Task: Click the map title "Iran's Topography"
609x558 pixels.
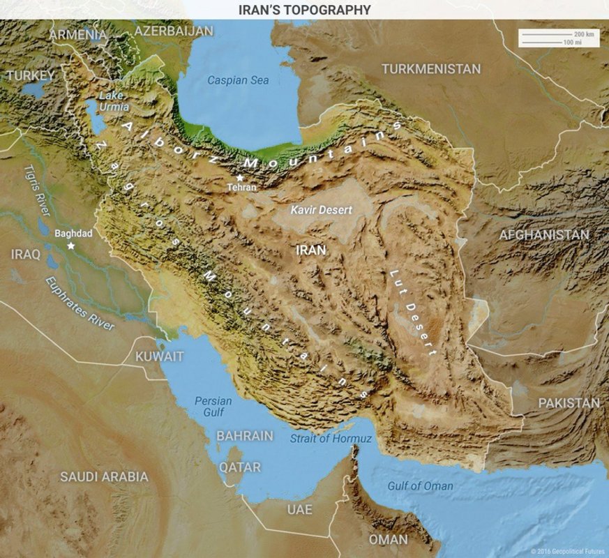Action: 304,10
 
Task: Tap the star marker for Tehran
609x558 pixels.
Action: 240,178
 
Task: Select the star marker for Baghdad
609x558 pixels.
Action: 70,246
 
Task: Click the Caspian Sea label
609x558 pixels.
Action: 238,80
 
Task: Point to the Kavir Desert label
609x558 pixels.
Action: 322,209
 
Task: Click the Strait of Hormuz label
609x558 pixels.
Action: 331,438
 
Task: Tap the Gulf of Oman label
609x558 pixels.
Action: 420,486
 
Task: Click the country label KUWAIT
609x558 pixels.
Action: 160,356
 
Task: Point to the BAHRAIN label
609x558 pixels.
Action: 244,435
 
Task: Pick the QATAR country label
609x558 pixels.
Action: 240,467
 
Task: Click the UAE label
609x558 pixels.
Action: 300,510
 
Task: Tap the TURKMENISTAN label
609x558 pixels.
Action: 430,69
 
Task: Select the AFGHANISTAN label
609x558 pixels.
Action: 543,235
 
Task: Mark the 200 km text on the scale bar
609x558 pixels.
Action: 583,34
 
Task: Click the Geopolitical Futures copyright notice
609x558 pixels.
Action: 567,551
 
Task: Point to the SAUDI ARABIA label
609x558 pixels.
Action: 104,477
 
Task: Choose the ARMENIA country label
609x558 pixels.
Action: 77,34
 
